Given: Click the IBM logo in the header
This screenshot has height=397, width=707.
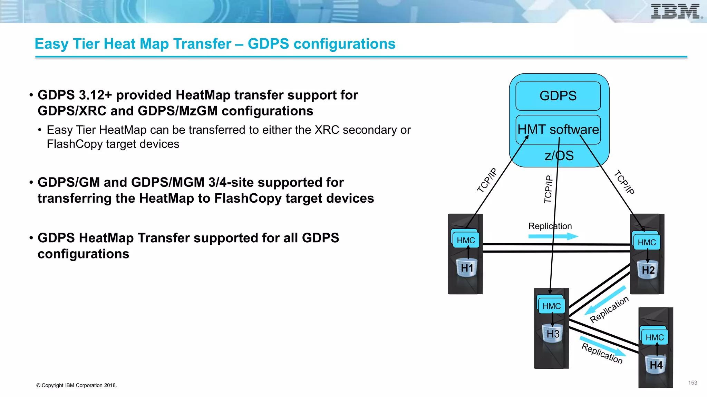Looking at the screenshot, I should [x=676, y=12].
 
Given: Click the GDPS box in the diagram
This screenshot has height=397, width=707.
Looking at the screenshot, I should [x=558, y=96].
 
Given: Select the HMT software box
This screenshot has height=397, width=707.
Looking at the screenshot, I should [x=558, y=130].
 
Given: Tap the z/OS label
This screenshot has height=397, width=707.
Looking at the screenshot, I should [x=559, y=156].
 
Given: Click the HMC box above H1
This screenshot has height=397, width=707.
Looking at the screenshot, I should [x=466, y=240].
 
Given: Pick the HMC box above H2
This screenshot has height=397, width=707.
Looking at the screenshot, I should [x=647, y=242].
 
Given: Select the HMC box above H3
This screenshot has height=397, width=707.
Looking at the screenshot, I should [x=551, y=306].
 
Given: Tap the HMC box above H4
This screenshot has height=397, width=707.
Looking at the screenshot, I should [x=655, y=337].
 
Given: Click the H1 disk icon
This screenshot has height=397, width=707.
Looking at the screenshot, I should [x=467, y=268].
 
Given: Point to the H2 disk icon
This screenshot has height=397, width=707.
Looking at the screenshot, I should [x=648, y=270].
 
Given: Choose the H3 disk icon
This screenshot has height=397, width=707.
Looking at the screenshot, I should [x=553, y=334].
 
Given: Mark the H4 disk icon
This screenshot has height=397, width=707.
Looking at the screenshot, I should [x=656, y=365].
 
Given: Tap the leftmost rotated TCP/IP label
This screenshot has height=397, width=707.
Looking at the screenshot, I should [x=487, y=180].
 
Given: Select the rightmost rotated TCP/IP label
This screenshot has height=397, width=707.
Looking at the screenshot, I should [x=624, y=182].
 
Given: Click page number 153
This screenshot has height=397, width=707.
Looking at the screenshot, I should [x=693, y=383].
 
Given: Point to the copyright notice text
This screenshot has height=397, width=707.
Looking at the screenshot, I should [x=77, y=385].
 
